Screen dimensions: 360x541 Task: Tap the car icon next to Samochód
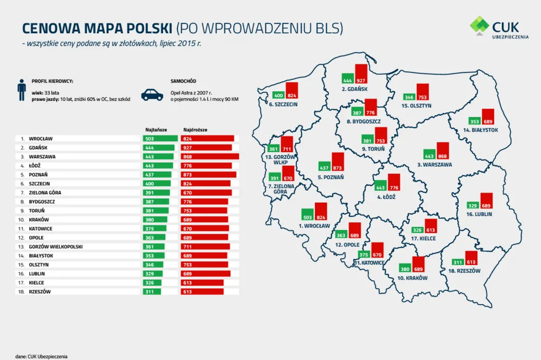point(152,94)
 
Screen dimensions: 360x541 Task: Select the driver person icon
point(22,90)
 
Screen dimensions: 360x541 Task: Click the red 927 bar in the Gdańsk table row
point(206,147)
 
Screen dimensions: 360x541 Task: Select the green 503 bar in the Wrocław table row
point(160,138)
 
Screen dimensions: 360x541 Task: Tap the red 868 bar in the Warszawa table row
point(210,156)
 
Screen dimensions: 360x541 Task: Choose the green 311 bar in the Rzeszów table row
point(152,291)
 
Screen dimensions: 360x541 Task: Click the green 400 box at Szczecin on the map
point(278,95)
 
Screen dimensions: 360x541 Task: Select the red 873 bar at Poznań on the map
point(338,162)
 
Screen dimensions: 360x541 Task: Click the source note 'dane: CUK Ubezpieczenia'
point(42,356)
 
